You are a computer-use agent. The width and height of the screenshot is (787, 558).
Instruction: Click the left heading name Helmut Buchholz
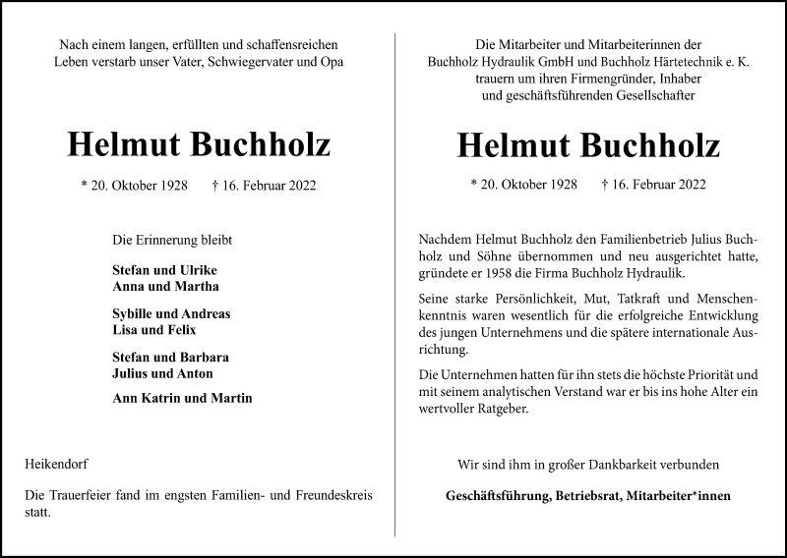199,144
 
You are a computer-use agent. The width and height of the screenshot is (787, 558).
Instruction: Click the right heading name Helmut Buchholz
588,144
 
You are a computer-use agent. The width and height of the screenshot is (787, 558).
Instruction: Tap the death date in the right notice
653,184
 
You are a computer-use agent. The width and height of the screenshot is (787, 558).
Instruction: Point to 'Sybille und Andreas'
172,314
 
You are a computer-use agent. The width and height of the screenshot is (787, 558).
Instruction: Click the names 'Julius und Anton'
162,373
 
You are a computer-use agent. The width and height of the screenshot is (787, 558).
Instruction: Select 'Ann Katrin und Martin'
183,399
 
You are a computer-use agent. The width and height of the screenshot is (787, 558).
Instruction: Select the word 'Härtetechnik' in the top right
650,62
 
